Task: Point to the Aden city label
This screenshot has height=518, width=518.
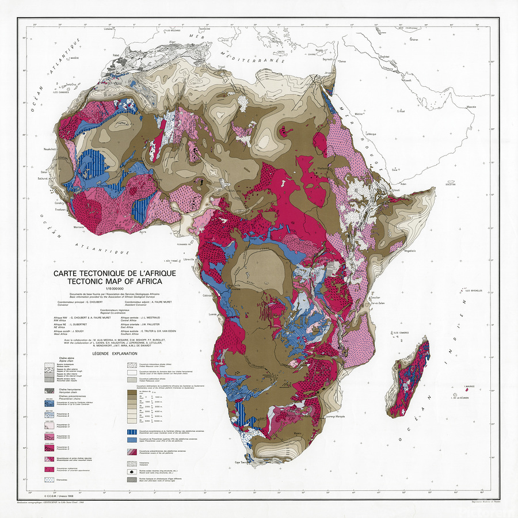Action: point(403,184)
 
